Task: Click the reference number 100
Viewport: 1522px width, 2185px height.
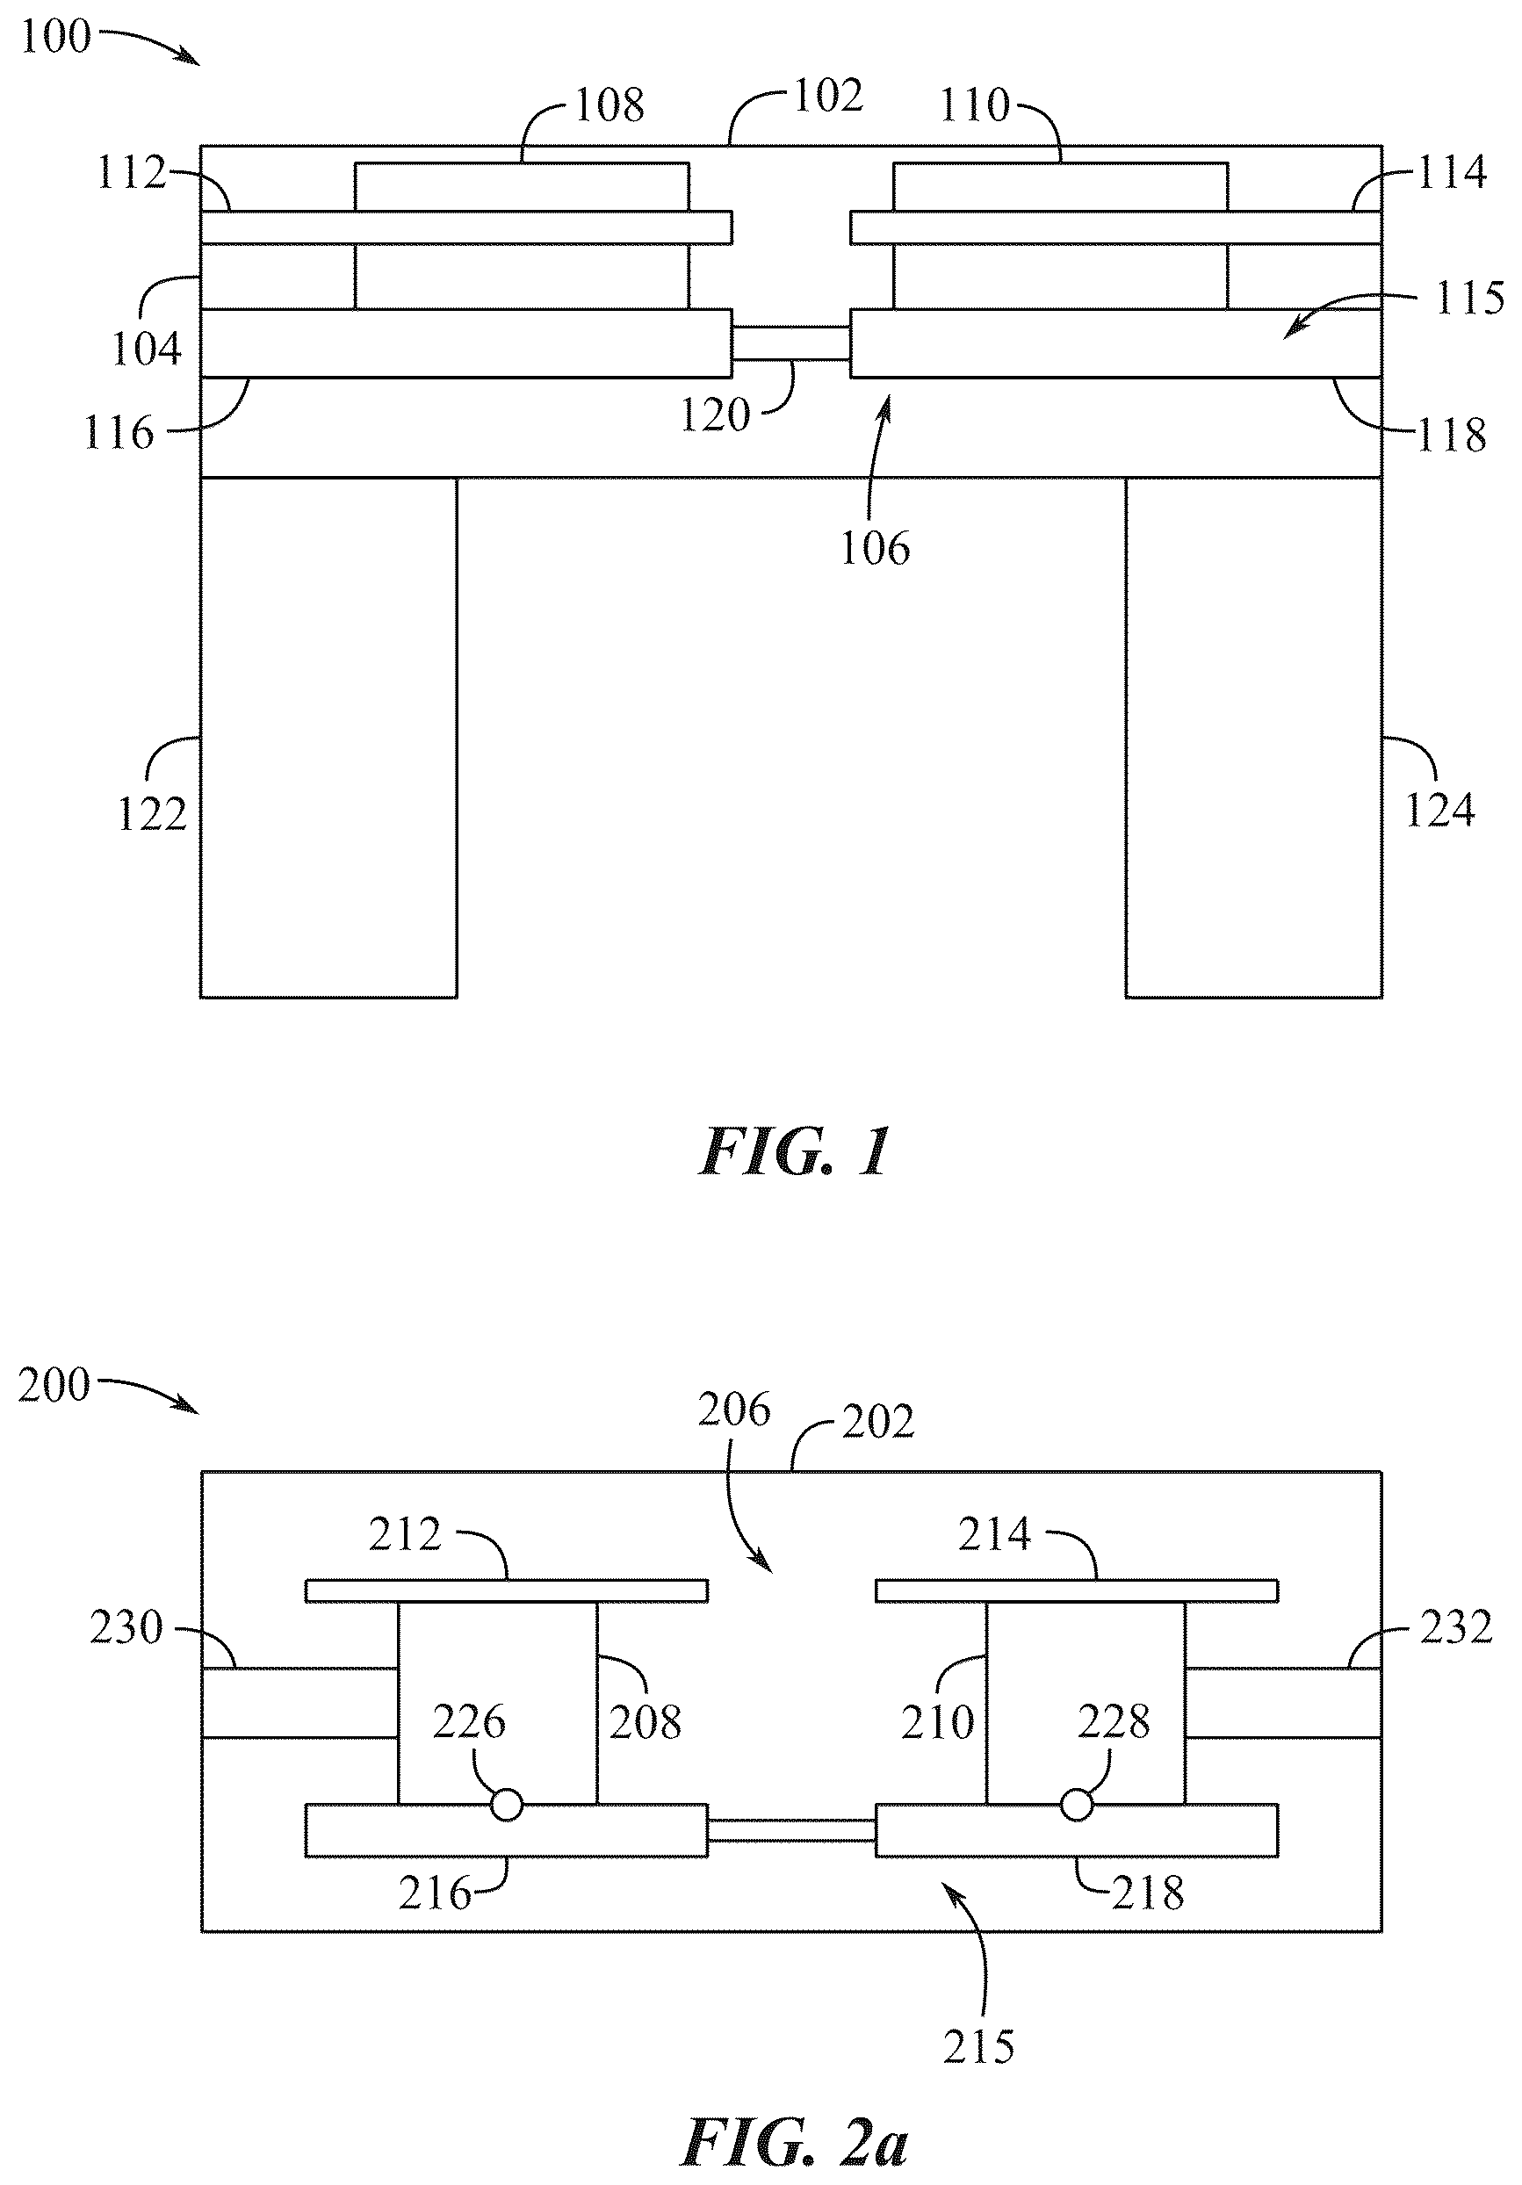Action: [55, 37]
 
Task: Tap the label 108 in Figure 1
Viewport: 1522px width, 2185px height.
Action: [610, 105]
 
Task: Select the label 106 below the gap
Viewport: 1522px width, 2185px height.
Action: [875, 549]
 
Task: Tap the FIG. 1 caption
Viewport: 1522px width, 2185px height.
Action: [795, 1152]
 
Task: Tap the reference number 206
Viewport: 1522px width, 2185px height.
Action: [733, 1436]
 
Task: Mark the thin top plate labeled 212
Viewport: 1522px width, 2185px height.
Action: [507, 1618]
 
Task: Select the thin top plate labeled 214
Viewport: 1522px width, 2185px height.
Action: [1077, 1618]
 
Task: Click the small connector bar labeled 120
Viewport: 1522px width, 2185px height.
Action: [791, 343]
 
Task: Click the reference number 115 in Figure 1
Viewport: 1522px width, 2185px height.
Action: [1469, 299]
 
